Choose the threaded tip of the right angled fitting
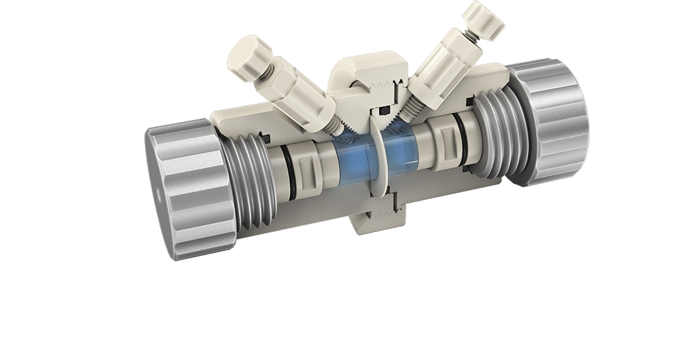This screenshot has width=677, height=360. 406,109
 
